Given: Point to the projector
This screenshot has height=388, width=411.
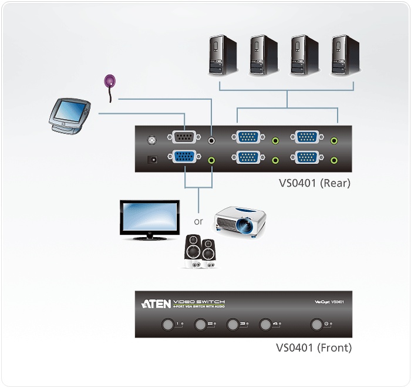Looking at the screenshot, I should (241, 222).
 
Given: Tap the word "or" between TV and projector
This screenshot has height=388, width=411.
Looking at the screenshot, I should (198, 222).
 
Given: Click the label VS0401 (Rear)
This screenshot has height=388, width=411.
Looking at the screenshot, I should (315, 183).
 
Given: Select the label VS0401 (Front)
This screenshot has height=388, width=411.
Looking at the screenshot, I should (314, 347).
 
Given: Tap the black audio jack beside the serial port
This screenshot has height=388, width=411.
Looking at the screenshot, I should (213, 140).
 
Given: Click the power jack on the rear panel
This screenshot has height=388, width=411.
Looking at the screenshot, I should (153, 158).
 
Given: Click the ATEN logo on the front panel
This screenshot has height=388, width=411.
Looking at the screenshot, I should (156, 303).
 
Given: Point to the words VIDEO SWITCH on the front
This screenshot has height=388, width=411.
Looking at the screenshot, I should (198, 302).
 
